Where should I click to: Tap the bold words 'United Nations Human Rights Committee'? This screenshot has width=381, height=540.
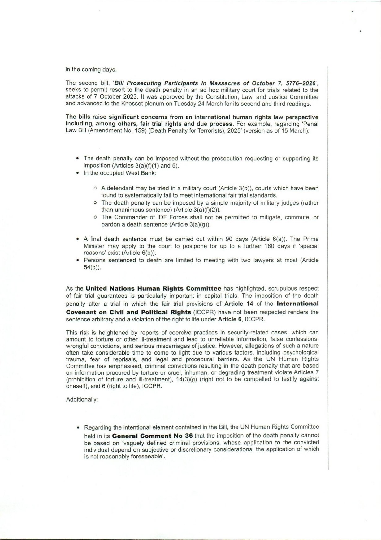pos(153,288)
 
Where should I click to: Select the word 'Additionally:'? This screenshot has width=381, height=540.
pos(82,399)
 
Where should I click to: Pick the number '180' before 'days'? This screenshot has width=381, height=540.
pos(269,246)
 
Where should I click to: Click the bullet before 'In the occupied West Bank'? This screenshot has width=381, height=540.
pos(78,173)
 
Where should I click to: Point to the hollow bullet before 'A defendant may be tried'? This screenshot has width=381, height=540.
pos(95,188)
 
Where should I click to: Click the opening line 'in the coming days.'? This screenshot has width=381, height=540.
pos(91,69)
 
